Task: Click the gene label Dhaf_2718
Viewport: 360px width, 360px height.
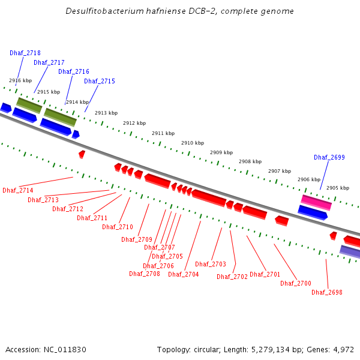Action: pos(25,53)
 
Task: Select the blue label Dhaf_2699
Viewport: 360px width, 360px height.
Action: pos(329,157)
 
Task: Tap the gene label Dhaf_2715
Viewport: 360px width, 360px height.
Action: pos(100,81)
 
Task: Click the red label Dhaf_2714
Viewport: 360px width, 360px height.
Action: pos(18,190)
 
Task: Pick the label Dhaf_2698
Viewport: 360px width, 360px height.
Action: pos(327,292)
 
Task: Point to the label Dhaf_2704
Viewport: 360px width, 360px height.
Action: pos(184,274)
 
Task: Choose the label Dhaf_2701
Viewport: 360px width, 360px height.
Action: pos(265,274)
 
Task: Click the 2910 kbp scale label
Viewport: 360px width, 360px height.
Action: pos(193,143)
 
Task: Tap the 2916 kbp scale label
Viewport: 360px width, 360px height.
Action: pos(20,80)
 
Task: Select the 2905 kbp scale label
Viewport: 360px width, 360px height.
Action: pos(338,188)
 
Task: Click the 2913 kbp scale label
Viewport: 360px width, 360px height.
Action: pos(106,113)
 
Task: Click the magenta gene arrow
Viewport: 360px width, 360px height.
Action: pos(316,202)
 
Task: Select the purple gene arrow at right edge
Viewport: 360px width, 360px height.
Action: pos(350,251)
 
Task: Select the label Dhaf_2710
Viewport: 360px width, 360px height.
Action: pos(118,227)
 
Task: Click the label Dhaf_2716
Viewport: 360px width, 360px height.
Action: pos(74,71)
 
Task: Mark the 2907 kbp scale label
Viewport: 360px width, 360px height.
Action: pos(280,171)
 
